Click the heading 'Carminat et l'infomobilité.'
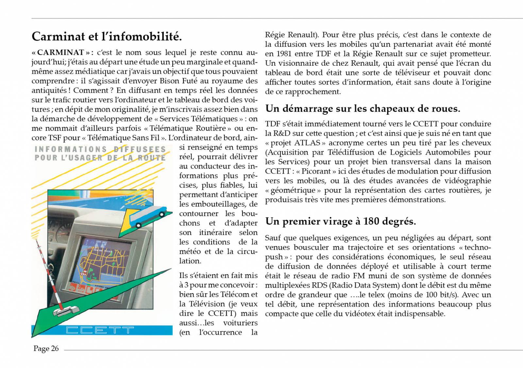(x=107, y=36)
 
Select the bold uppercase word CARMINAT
(x=61, y=53)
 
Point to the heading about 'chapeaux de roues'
(x=363, y=109)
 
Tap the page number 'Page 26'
(x=46, y=349)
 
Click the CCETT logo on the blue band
(x=100, y=330)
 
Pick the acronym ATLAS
(x=308, y=143)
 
